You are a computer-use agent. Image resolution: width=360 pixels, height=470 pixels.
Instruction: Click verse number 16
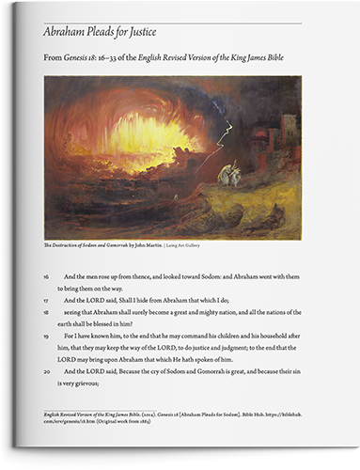point(46,276)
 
